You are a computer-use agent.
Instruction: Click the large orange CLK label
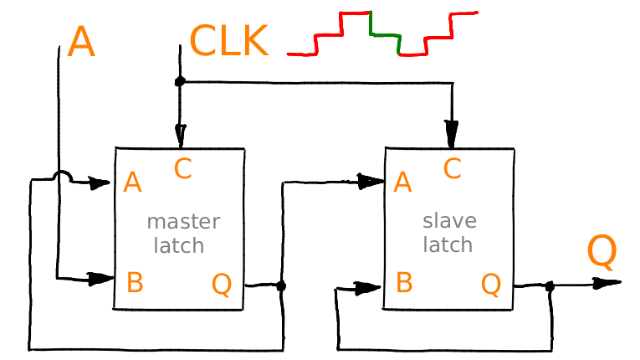229,40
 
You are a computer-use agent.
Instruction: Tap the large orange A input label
81,42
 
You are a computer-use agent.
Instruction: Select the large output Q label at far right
602,252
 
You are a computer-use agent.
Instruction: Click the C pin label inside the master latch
183,168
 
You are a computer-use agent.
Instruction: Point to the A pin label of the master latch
132,183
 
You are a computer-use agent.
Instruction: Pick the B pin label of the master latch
135,282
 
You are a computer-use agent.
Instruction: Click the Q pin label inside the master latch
222,285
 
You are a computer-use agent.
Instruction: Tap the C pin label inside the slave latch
453,168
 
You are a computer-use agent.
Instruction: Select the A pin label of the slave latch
402,183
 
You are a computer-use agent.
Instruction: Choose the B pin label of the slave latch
404,282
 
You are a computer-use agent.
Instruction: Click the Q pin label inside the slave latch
491,285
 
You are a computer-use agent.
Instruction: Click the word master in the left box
183,222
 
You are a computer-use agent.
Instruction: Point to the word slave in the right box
449,221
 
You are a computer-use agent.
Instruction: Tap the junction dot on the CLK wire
180,81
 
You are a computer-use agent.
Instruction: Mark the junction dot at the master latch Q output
281,285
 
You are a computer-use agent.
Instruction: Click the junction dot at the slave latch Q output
550,286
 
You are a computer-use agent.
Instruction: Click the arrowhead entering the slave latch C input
452,134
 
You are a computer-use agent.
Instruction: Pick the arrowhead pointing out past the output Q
607,283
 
